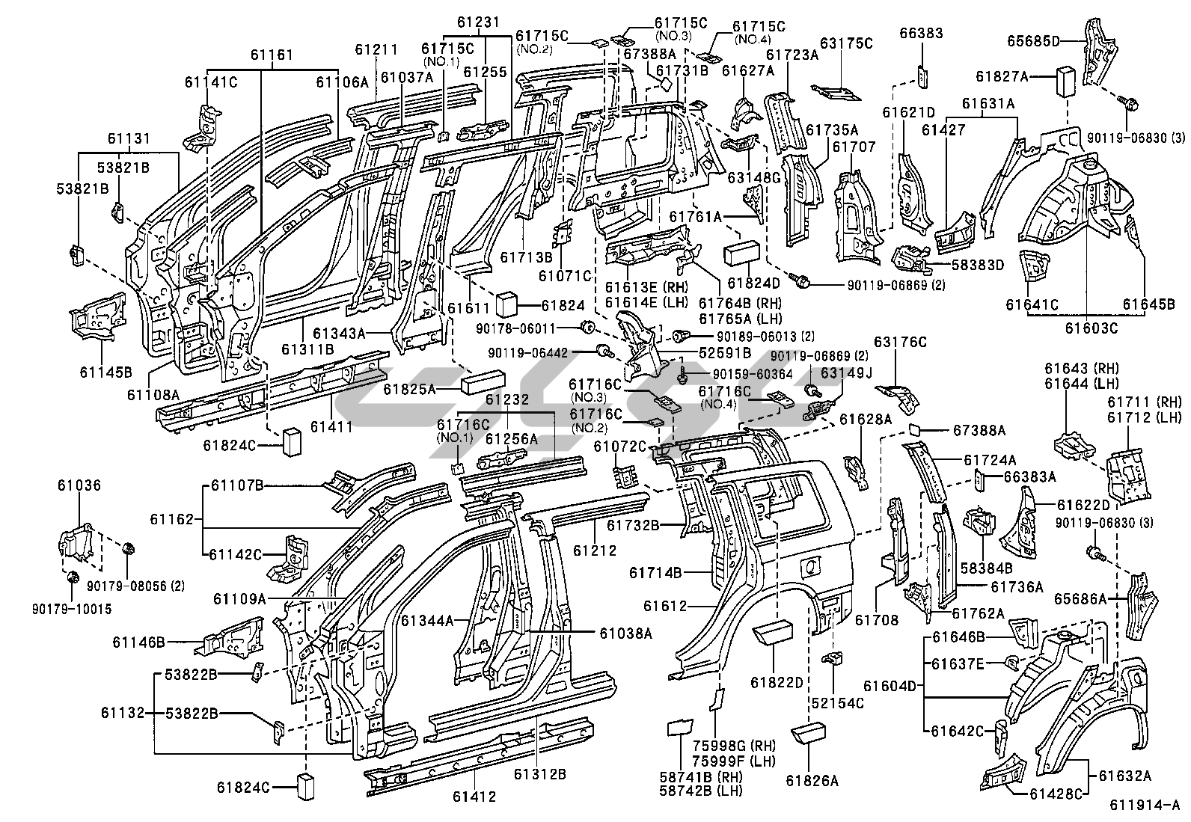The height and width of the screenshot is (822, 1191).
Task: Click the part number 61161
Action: click(x=272, y=55)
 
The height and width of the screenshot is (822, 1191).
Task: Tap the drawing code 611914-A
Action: click(x=1145, y=806)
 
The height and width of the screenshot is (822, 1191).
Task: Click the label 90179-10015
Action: click(x=78, y=610)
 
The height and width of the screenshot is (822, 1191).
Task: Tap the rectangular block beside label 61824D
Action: click(x=741, y=252)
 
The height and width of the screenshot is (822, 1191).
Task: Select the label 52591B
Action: click(x=724, y=352)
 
